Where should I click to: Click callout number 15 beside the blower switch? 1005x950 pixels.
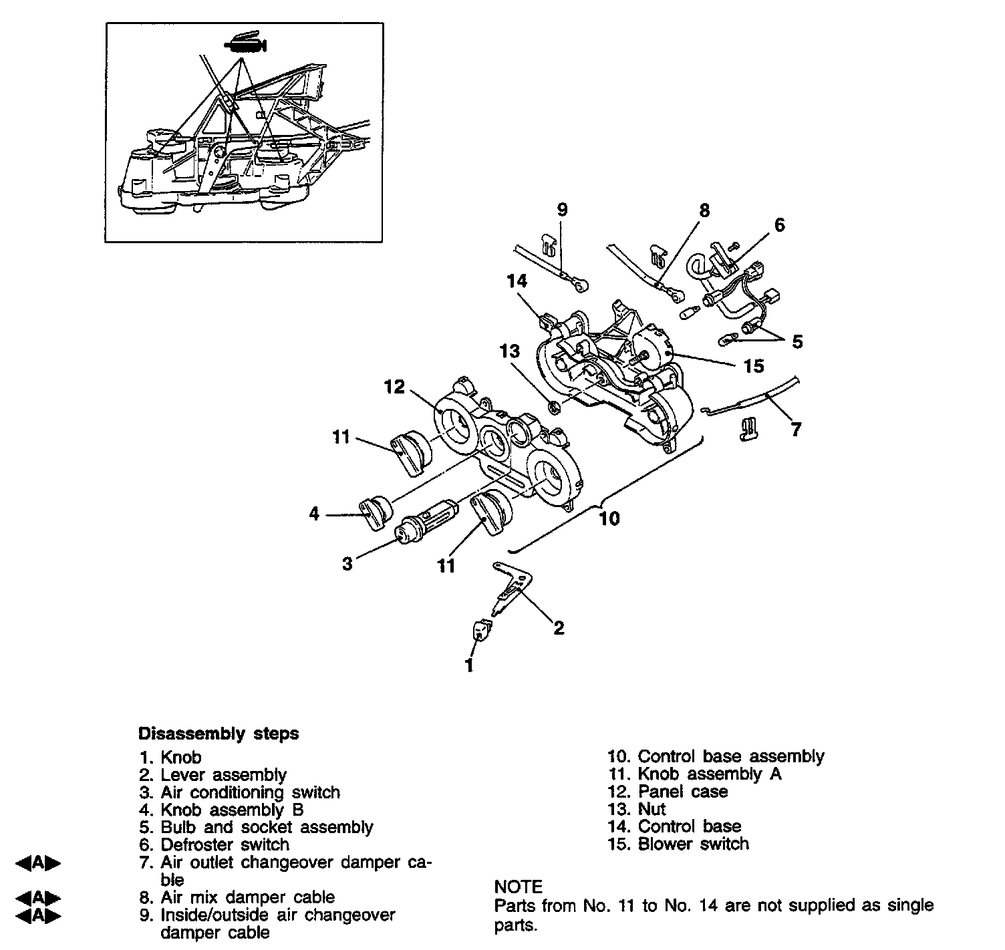coord(753,365)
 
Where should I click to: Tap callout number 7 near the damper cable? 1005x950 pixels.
coord(795,429)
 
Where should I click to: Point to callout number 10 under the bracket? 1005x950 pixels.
coord(609,518)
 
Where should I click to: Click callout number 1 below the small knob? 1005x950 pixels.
coord(469,665)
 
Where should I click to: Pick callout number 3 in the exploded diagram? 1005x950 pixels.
coord(347,563)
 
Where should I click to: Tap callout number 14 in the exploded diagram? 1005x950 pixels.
coord(517,281)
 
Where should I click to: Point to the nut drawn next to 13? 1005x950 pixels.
coord(554,406)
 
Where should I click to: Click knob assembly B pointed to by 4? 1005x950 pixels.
coord(375,514)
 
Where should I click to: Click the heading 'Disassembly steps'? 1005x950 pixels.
coord(218,734)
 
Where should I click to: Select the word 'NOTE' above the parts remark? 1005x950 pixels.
coord(518,887)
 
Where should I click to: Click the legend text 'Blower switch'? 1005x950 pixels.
coord(693,844)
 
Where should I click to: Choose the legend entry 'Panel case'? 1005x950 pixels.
coord(682,792)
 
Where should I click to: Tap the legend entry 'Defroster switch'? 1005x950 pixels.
coord(225,844)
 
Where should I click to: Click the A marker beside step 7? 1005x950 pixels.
coord(38,862)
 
